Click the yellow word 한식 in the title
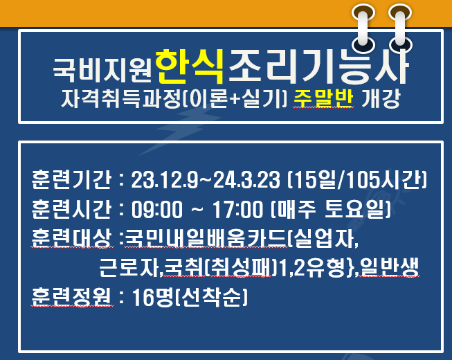pos(190,66)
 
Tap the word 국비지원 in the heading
pos(102,70)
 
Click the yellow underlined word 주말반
pos(323,98)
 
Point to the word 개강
pos(381,98)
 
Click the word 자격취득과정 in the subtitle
pos(122,98)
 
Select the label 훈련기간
pos(71,179)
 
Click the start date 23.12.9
pos(165,179)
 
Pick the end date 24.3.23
pos(246,179)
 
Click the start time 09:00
pos(157,209)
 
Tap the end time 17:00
pos(238,209)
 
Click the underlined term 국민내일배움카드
pos(206,238)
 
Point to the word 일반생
pos(389,267)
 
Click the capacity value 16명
pos(153,297)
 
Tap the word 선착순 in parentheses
pos(212,297)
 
